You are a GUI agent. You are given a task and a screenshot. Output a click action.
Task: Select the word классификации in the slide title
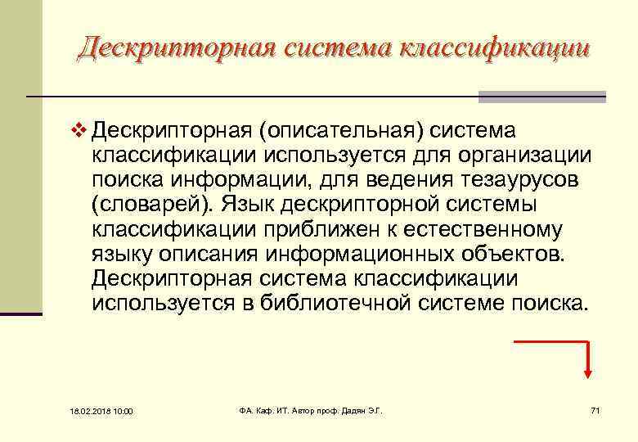[495, 47]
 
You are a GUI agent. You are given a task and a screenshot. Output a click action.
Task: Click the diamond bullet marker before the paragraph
[79, 130]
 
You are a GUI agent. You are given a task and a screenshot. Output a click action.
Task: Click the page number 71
[595, 409]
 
